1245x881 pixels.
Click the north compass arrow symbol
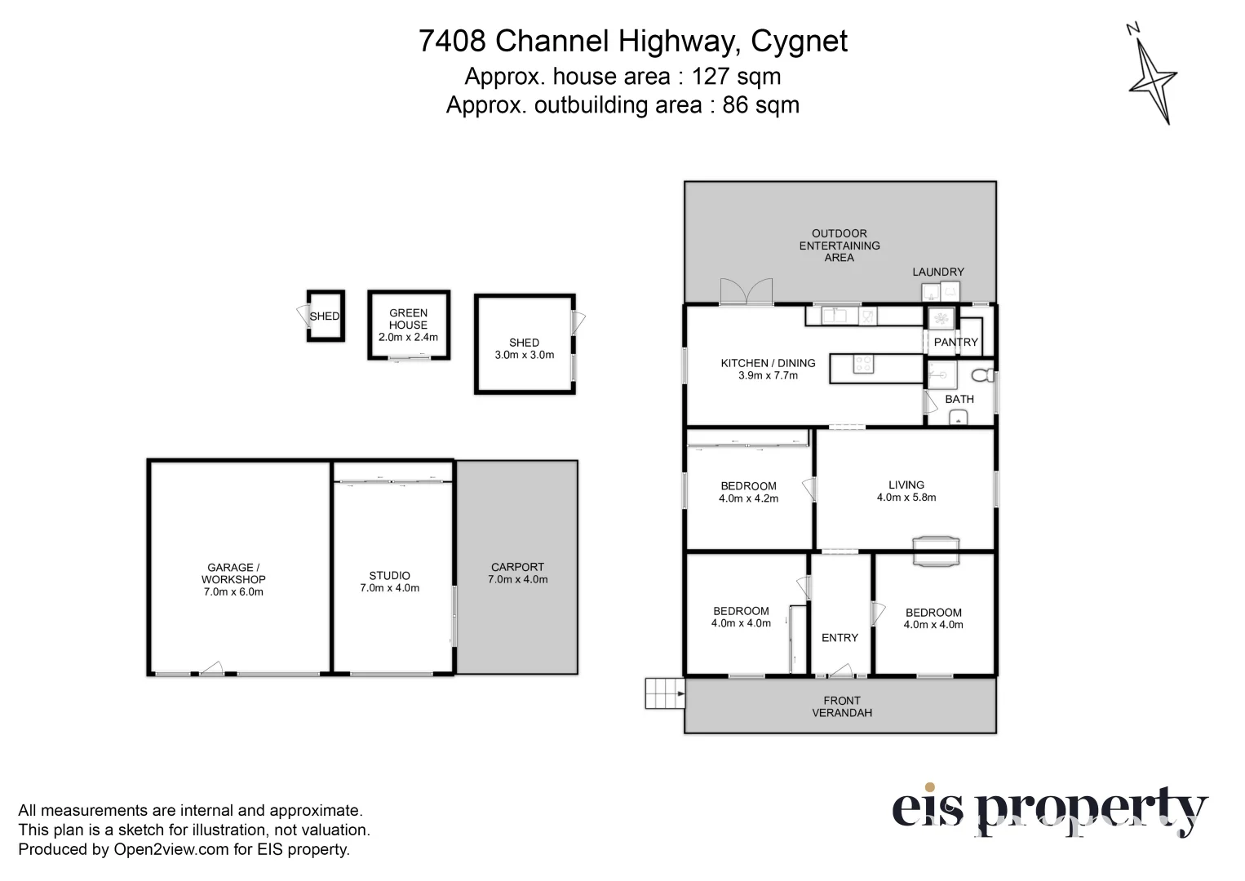1152,78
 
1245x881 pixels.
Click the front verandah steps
664,693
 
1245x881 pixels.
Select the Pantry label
955,343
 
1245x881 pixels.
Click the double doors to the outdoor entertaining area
746,292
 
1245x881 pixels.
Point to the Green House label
408,319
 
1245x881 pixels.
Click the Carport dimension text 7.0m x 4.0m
517,580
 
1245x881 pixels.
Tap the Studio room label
389,576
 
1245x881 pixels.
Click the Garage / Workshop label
233,573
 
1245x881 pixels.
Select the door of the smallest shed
301,316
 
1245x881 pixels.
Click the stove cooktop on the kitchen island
863,365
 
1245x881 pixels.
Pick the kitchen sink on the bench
834,316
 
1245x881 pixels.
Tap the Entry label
840,638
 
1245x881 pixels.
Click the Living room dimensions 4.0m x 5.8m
906,498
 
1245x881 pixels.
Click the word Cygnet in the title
799,41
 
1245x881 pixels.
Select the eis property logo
1048,810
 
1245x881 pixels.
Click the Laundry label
937,272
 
